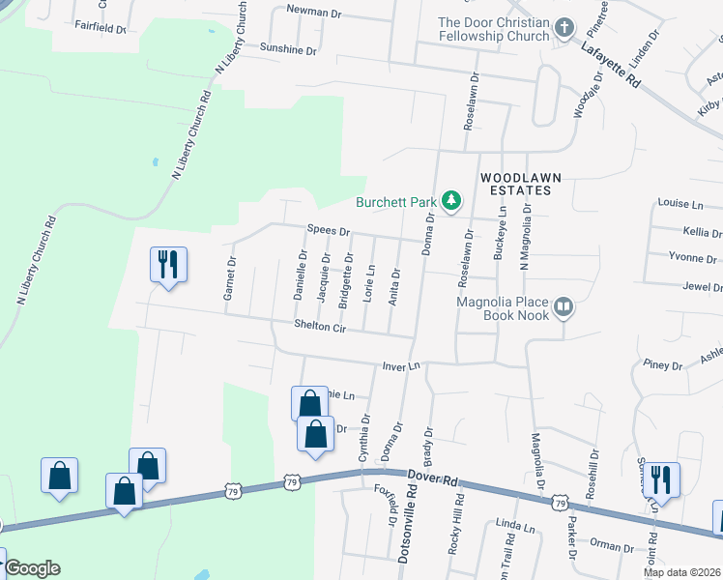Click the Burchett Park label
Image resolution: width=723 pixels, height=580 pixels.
[396, 202]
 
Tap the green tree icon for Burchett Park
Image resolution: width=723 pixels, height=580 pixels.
[450, 201]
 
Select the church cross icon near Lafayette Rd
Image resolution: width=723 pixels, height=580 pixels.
[565, 30]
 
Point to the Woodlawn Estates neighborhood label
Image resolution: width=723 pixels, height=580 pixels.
[515, 184]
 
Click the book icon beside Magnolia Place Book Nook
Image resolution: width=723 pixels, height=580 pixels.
[564, 308]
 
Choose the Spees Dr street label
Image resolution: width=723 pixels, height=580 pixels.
[328, 232]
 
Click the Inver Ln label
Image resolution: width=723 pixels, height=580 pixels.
[402, 366]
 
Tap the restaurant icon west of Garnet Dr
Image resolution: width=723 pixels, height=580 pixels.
[168, 264]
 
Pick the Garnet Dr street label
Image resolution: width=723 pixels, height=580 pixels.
[230, 278]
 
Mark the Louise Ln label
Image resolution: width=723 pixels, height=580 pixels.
[680, 204]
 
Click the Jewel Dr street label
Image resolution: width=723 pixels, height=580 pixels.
[703, 287]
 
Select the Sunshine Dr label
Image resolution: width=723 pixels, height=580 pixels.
[287, 48]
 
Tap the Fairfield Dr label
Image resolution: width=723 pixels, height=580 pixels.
[101, 28]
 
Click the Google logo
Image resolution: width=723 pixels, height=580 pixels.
[32, 568]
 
